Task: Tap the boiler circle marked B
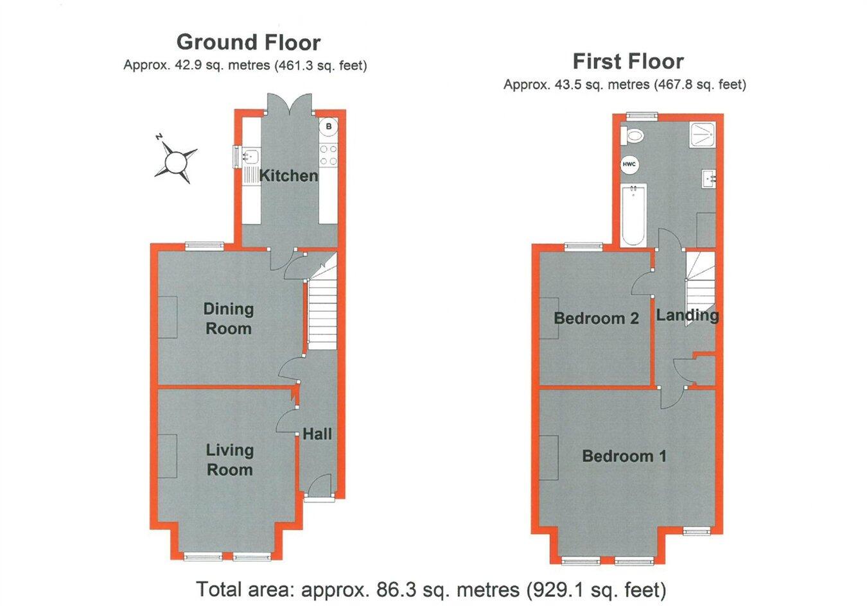pos(329,126)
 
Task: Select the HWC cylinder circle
pos(629,165)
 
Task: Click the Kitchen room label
pos(288,175)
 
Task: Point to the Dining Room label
pos(228,318)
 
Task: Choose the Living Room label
pos(229,460)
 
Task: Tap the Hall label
pos(317,434)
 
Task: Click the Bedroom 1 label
pos(624,456)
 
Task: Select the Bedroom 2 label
pos(596,318)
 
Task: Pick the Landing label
pos(687,315)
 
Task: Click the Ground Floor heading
pos(248,42)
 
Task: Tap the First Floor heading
pos(627,62)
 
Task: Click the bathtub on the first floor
pos(633,216)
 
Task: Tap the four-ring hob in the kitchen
pos(329,155)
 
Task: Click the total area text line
pos(431,589)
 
